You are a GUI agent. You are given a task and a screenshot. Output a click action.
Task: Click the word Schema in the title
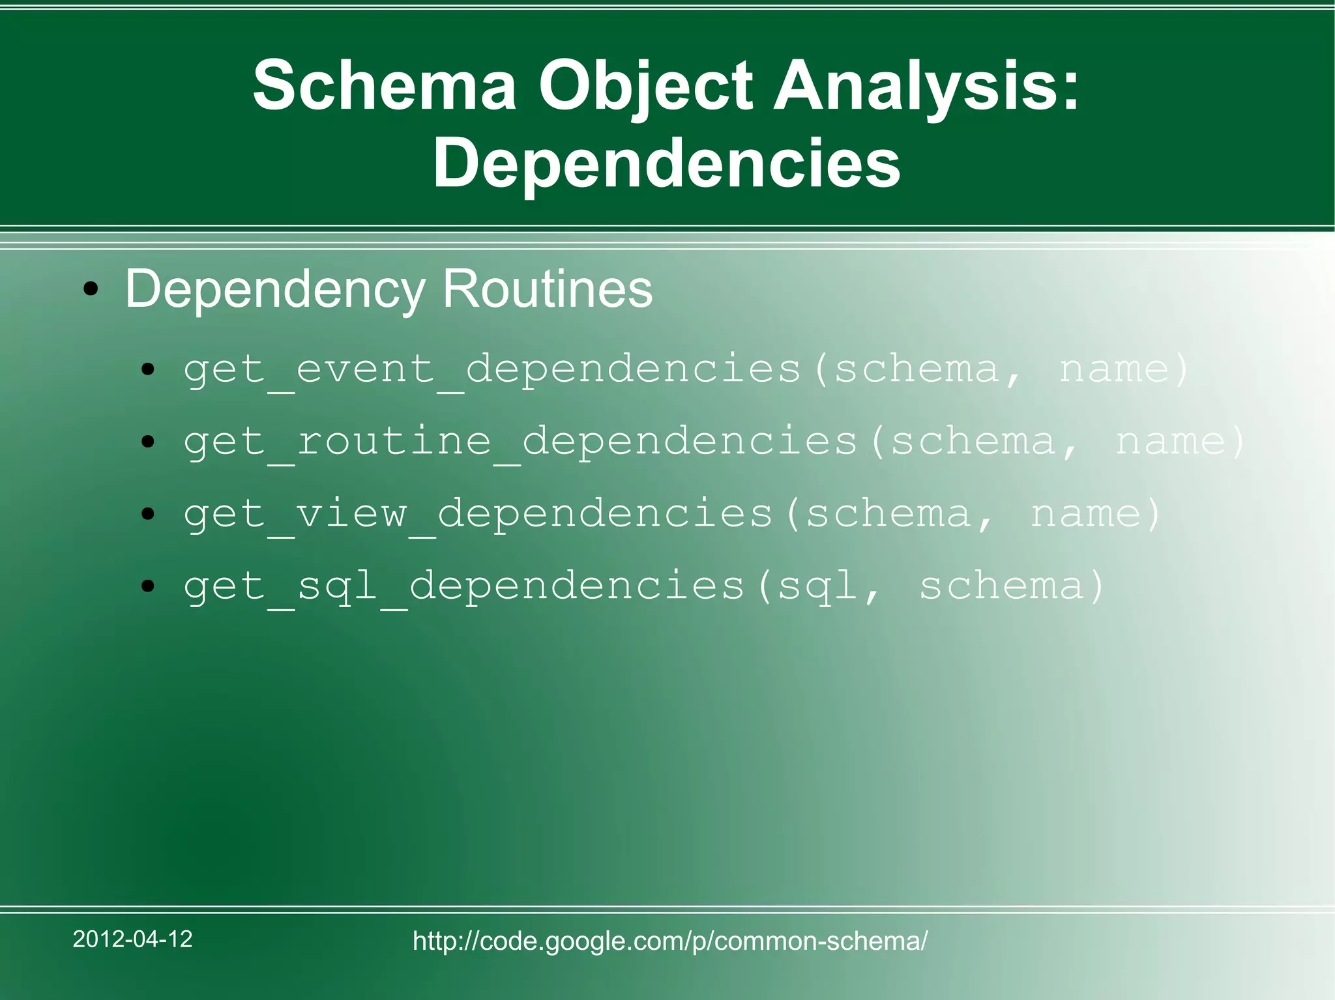pos(385,86)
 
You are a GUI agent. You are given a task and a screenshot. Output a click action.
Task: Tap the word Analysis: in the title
pos(926,86)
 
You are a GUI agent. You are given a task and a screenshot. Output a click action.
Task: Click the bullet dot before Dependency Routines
pos(91,289)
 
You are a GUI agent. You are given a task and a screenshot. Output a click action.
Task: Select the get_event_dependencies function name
pos(492,369)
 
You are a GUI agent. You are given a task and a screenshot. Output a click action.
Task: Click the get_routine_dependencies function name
pos(520,442)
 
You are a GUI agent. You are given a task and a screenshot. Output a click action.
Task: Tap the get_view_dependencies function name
pos(478,514)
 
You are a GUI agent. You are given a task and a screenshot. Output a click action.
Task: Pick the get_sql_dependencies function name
pos(463,586)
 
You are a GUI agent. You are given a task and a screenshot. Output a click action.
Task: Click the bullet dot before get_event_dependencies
pos(149,370)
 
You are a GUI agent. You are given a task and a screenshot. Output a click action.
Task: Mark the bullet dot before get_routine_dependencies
pos(149,442)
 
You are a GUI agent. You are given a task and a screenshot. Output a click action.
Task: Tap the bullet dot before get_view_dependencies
pos(149,515)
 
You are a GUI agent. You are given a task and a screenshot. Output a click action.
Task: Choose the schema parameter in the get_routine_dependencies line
pos(973,442)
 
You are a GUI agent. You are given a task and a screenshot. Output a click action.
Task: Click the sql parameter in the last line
pos(818,586)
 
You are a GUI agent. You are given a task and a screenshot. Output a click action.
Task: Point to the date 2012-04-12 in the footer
pos(132,939)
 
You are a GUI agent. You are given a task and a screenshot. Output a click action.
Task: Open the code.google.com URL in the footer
pos(670,941)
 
